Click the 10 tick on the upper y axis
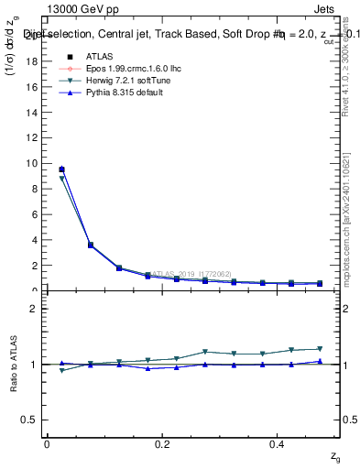33,163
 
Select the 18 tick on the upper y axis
33,60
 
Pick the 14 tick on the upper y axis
33,112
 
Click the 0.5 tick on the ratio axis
31,420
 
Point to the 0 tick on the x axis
47,443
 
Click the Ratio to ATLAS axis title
13,365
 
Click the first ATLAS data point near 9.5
61,169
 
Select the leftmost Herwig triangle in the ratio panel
61,370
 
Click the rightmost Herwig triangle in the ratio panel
320,349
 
